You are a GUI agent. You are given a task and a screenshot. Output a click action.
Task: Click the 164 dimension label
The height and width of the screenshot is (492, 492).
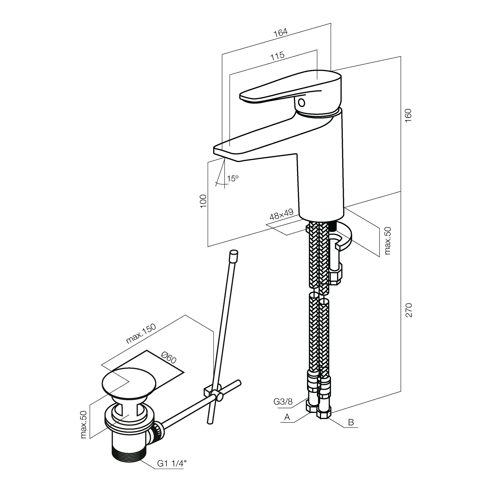(280, 32)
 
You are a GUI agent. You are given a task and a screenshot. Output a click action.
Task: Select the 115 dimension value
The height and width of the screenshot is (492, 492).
(277, 56)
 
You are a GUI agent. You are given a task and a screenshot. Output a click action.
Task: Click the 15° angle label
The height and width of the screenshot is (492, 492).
(233, 178)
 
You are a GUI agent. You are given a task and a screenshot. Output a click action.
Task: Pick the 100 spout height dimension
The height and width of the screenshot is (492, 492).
(203, 201)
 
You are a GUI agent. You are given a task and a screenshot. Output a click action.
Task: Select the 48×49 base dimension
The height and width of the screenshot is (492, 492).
(281, 215)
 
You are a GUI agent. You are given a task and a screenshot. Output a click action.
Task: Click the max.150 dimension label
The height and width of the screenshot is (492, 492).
(141, 334)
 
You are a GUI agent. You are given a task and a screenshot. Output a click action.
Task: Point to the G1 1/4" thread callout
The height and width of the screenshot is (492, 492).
(172, 464)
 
